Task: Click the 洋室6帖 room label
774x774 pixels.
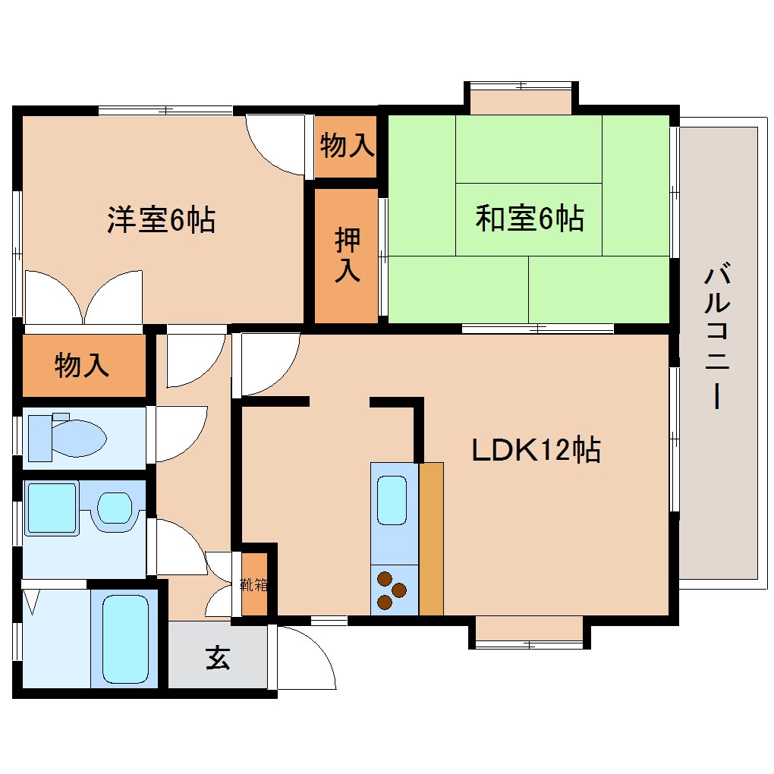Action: coord(162,219)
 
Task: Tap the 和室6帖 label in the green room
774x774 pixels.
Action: coord(530,218)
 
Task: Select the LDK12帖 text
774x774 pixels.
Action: coord(536,450)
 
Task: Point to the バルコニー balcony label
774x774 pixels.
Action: coord(717,338)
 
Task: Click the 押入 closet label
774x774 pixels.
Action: coord(347,255)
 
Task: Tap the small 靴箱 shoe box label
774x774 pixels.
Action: coord(253,585)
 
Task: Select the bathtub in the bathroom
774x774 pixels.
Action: coord(125,639)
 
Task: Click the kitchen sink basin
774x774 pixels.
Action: coord(392,499)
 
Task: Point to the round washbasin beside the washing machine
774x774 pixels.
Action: coord(115,508)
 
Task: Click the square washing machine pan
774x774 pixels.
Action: coord(52,508)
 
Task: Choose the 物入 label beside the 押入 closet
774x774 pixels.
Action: coord(347,145)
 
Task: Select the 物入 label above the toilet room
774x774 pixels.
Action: coord(82,365)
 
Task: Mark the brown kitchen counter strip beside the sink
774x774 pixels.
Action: coord(432,539)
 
